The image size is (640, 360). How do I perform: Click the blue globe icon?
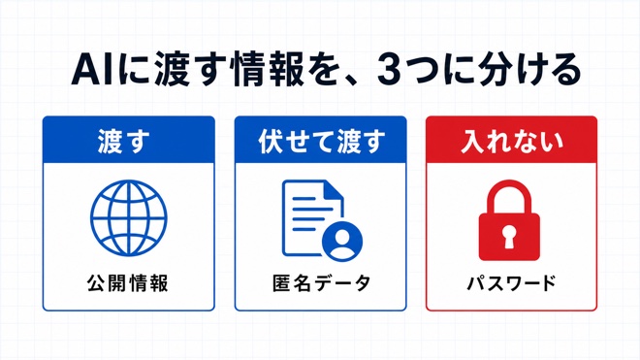(x=129, y=217)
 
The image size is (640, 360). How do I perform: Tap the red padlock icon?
(x=509, y=220)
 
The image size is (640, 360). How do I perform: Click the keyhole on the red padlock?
(x=508, y=238)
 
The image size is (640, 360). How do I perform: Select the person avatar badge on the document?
(x=342, y=242)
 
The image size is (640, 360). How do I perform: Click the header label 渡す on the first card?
(x=124, y=142)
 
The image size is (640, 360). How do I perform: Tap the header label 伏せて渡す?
(x=322, y=142)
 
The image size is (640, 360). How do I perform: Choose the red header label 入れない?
(x=512, y=142)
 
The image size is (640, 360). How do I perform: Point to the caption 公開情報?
(x=127, y=283)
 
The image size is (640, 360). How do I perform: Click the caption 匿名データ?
(x=321, y=283)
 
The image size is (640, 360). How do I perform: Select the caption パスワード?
(x=511, y=283)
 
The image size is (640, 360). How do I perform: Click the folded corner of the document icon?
(x=334, y=189)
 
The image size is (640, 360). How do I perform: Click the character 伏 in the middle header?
(x=271, y=142)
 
